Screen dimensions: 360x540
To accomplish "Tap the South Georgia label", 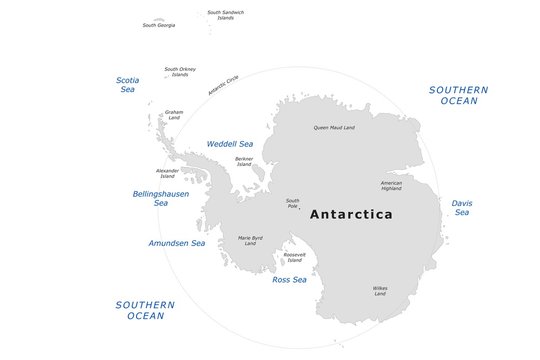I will pyautogui.click(x=158, y=25).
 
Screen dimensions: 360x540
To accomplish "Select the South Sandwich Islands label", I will pyautogui.click(x=226, y=15).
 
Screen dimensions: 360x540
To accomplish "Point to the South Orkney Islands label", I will pyautogui.click(x=180, y=71).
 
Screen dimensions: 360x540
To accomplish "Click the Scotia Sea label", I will pyautogui.click(x=128, y=84).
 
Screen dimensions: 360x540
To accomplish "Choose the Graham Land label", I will pyautogui.click(x=174, y=115).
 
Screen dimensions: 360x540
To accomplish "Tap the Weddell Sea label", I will pyautogui.click(x=230, y=144).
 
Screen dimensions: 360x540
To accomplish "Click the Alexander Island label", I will pyautogui.click(x=167, y=173).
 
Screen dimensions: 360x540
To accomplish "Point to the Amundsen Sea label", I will pyautogui.click(x=176, y=243).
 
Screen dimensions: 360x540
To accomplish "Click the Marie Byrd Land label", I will pyautogui.click(x=250, y=241).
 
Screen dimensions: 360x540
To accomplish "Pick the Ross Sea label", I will pyautogui.click(x=289, y=280).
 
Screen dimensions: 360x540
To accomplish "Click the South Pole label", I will pyautogui.click(x=292, y=203).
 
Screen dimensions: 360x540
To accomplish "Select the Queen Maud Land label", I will pyautogui.click(x=334, y=127).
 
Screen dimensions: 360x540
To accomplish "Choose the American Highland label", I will pyautogui.click(x=391, y=185).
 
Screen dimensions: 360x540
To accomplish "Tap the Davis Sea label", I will pyautogui.click(x=461, y=207).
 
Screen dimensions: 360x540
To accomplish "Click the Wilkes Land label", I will pyautogui.click(x=380, y=291).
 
